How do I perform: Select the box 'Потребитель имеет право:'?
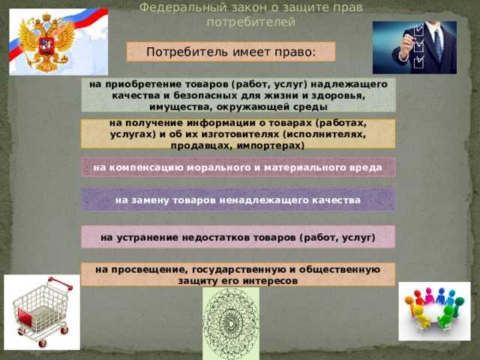pos(231,52)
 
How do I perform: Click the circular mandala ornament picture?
pos(230,323)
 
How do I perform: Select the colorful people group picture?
pos(434,310)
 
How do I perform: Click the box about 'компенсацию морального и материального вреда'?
pos(238,167)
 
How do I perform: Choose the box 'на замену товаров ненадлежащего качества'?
pos(238,200)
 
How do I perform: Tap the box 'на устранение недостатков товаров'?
pos(238,238)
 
